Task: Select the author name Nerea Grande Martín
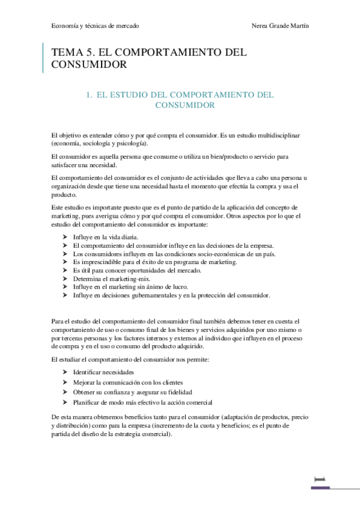tap(282, 26)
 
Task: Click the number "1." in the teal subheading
tap(90, 94)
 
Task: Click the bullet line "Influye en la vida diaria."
tap(106, 237)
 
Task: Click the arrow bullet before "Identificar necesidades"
tap(65, 373)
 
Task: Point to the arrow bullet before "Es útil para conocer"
tap(65, 270)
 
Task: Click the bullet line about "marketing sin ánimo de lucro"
tap(130, 287)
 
